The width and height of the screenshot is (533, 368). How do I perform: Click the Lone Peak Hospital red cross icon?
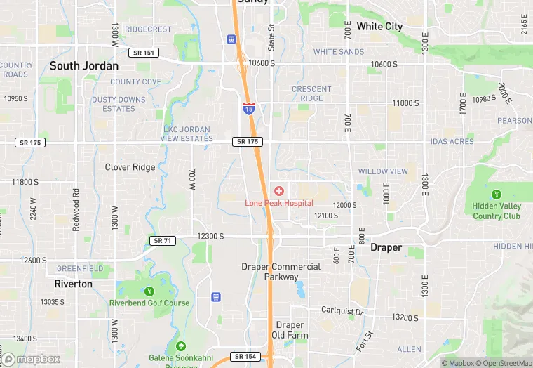pos(279,191)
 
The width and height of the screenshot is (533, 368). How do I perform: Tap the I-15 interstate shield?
pos(249,108)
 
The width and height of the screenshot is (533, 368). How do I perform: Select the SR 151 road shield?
pos(144,52)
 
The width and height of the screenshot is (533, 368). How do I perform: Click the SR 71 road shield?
pos(162,241)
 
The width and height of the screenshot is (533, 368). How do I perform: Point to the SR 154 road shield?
pos(246,357)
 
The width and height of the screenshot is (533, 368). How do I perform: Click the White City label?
pos(379,27)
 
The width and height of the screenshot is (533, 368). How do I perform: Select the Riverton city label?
pos(73,284)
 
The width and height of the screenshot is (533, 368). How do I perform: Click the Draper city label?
pos(386,248)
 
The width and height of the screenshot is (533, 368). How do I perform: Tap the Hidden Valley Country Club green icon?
pos(497,194)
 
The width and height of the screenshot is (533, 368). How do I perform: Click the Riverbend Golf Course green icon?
pos(149,291)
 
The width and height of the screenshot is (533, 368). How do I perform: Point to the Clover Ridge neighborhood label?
pos(130,167)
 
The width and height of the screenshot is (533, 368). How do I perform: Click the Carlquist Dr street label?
pos(343,310)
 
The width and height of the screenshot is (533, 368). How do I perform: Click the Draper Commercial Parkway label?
pos(281,271)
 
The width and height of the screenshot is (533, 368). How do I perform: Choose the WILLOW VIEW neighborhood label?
pos(383,171)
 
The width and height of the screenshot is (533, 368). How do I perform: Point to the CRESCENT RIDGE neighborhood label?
pos(311,93)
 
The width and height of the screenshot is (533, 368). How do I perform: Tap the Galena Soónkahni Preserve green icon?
pos(181,346)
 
